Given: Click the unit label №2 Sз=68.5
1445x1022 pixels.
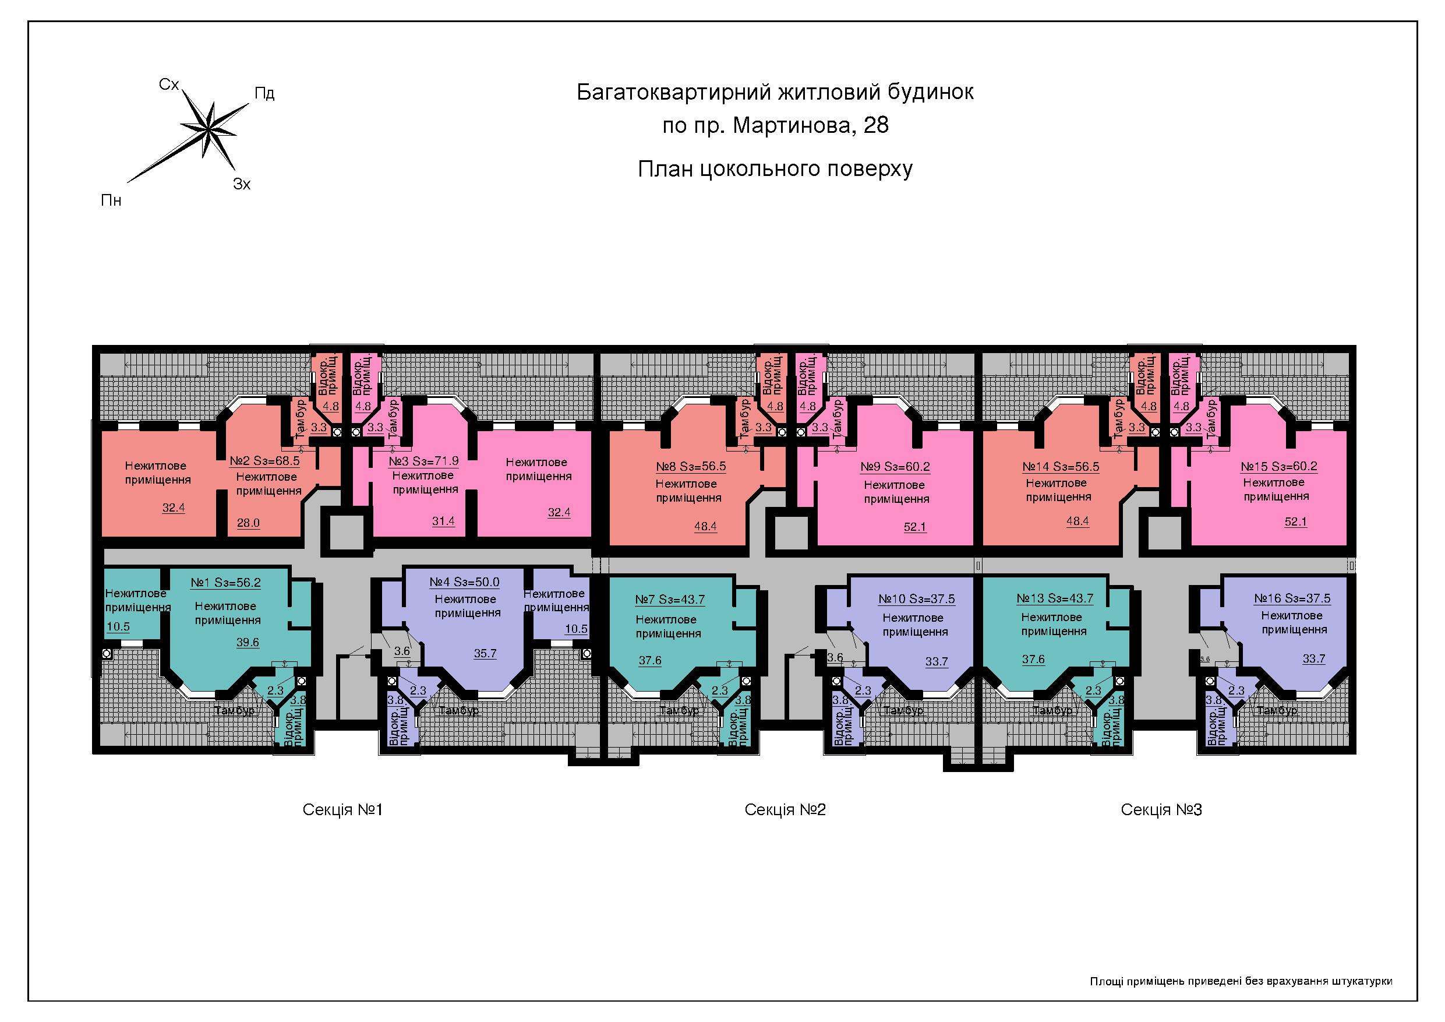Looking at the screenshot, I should point(264,460).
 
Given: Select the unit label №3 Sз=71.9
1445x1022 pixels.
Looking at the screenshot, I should point(423,461).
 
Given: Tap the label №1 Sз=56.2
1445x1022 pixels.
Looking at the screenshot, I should point(225,583).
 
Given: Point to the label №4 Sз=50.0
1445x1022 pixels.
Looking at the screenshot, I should point(464,583).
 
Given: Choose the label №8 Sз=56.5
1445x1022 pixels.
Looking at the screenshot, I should point(690,467).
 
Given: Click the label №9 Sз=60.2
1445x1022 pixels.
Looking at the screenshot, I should point(895,467).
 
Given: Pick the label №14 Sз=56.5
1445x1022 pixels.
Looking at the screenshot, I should point(1061,467).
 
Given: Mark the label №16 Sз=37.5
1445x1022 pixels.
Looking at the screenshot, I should point(1292,598).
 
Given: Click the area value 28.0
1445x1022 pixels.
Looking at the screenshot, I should point(248,523).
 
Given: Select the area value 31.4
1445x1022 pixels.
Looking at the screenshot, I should point(443,521).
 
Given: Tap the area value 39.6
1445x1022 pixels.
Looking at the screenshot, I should point(248,642).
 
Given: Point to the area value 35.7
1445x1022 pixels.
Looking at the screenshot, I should point(485,654).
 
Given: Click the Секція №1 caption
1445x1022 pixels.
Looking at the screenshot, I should point(342,809).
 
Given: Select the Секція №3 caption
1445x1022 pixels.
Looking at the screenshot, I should point(1161,809).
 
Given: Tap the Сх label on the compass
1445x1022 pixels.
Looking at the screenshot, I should point(169,84).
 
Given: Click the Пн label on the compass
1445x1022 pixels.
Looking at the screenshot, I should point(111,200).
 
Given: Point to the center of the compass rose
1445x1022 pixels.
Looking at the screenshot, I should point(207,130).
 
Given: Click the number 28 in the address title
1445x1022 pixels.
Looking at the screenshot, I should point(876,125).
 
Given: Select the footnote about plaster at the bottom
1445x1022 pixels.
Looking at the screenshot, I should point(1241,981).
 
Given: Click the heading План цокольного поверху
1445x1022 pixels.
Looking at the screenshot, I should point(775,169).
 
